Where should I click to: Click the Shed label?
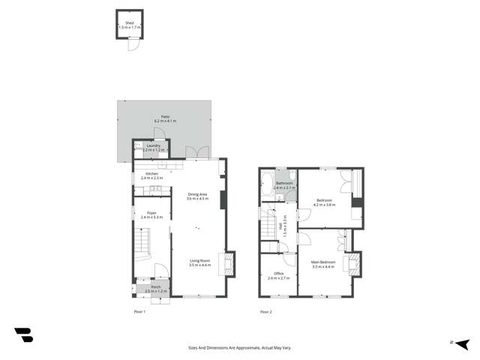tap(129, 25)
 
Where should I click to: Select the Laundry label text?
tap(153, 148)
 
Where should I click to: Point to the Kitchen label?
tap(151, 176)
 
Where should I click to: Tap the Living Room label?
tap(199, 263)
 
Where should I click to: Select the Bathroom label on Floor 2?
tap(284, 184)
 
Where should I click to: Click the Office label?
tap(278, 275)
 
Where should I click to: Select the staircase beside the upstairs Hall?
tap(268, 223)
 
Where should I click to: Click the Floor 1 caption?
tap(139, 310)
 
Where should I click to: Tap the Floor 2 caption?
tap(265, 310)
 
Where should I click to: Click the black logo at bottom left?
tap(23, 335)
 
